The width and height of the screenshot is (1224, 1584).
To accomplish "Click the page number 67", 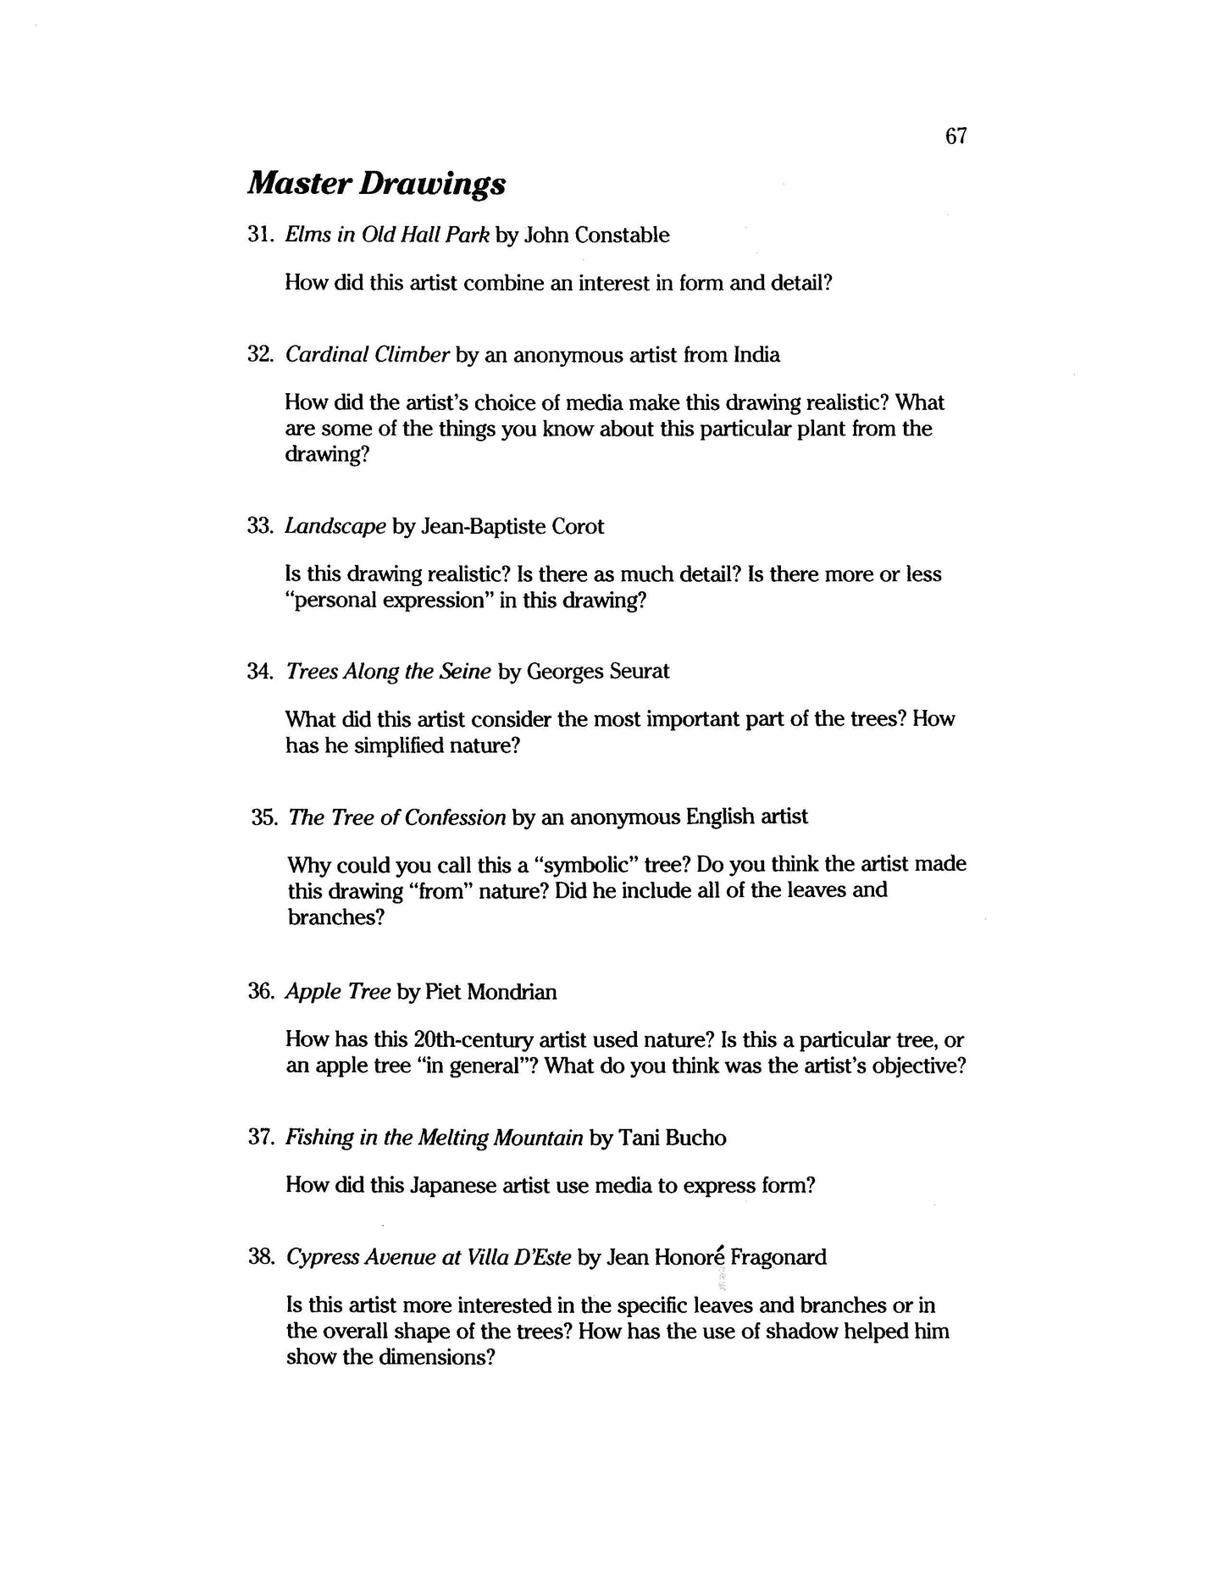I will click(x=955, y=136).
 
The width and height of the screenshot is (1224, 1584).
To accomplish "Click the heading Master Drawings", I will click(x=376, y=184).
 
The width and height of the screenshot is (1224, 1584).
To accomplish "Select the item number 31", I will click(x=258, y=235).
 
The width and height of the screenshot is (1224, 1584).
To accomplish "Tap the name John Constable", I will click(x=596, y=235).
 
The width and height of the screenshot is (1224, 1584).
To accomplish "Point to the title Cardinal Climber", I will click(x=367, y=355).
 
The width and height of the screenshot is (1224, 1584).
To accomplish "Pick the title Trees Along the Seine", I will click(x=388, y=672).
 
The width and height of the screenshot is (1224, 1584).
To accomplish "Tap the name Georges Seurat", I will click(x=597, y=672).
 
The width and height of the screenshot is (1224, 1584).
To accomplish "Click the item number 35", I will click(x=264, y=817).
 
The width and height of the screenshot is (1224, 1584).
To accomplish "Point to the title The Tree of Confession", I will click(x=397, y=817).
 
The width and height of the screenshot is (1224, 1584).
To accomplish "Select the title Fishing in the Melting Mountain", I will click(x=434, y=1138).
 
